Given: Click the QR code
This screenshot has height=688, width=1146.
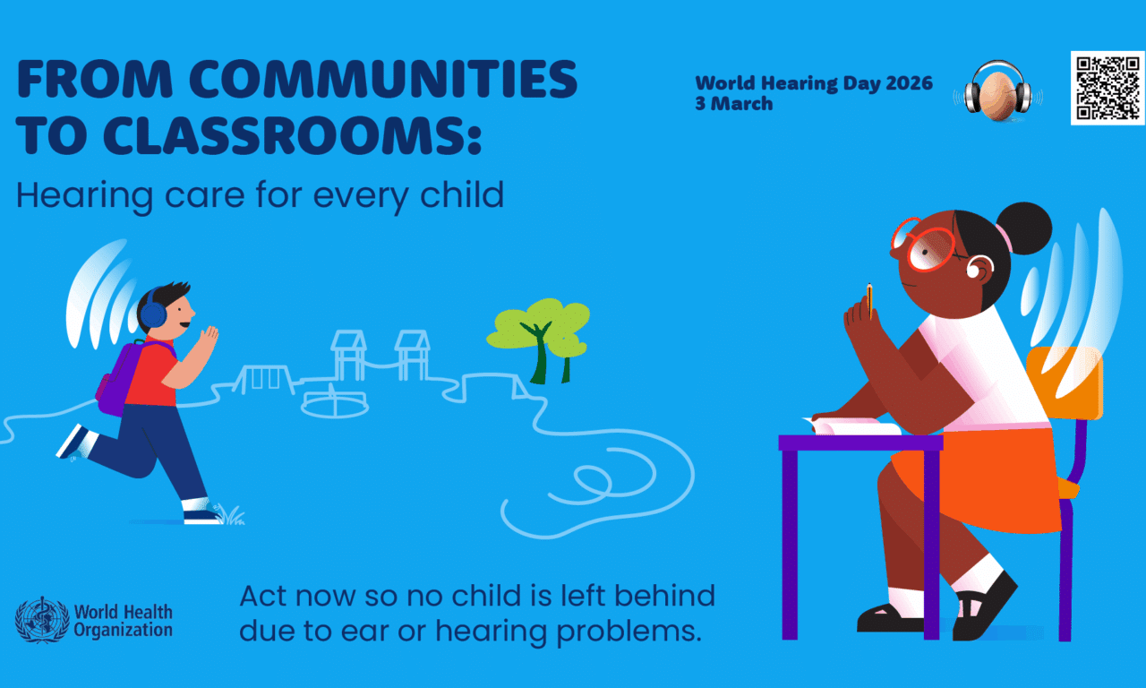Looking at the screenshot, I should click(1108, 88).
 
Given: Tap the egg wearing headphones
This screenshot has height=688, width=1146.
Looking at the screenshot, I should click(998, 93).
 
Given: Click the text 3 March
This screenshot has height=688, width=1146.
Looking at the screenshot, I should click(734, 103).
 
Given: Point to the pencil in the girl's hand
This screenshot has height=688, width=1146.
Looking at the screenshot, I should click(868, 299).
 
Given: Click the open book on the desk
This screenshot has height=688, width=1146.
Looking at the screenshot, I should click(855, 426).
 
